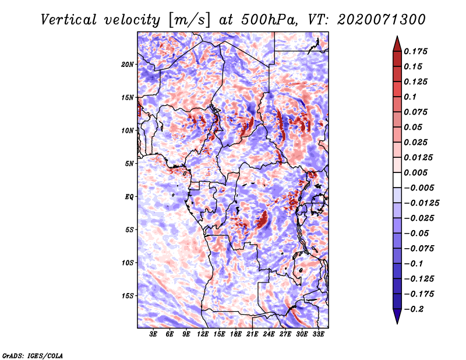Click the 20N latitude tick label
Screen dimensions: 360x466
click(x=128, y=64)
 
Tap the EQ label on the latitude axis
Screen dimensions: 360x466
click(x=129, y=196)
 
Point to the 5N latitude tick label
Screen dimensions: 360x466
click(x=130, y=163)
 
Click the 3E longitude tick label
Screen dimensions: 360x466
click(x=154, y=334)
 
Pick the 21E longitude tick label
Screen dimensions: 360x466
click(x=252, y=334)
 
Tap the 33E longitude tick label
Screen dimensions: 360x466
click(x=318, y=334)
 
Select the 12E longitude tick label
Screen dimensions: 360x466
click(x=203, y=334)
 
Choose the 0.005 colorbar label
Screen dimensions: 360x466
click(x=417, y=172)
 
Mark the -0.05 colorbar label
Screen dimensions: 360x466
click(x=417, y=233)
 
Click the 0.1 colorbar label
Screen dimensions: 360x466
click(x=411, y=96)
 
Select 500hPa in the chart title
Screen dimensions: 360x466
click(x=269, y=19)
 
